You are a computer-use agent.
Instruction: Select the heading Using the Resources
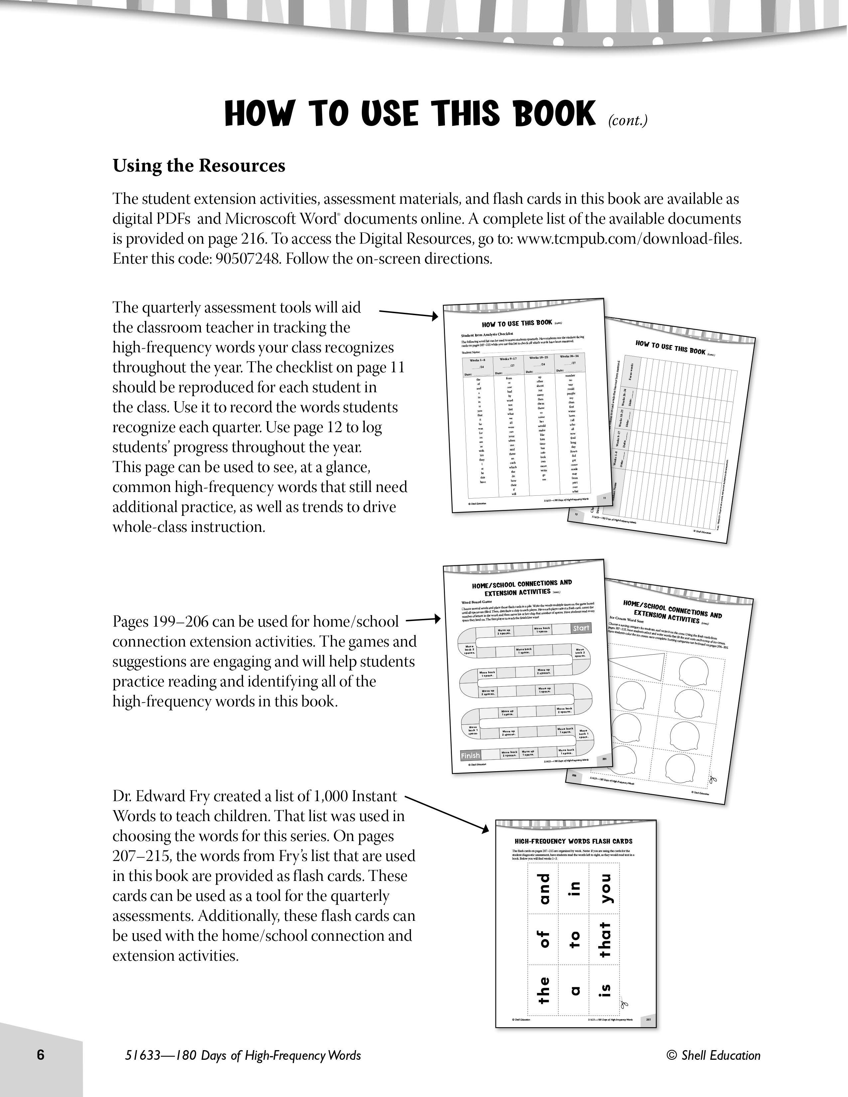pyautogui.click(x=199, y=166)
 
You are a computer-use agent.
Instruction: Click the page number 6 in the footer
pyautogui.click(x=41, y=1054)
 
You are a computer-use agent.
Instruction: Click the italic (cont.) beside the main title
pyautogui.click(x=628, y=121)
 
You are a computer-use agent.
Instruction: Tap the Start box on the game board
pyautogui.click(x=581, y=628)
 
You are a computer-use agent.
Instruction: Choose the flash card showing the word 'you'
pyautogui.click(x=606, y=888)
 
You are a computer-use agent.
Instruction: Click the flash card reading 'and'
pyautogui.click(x=544, y=888)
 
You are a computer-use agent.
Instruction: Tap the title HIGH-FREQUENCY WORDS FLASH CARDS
pyautogui.click(x=573, y=841)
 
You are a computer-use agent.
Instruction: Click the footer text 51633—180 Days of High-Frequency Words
pyautogui.click(x=243, y=1055)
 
